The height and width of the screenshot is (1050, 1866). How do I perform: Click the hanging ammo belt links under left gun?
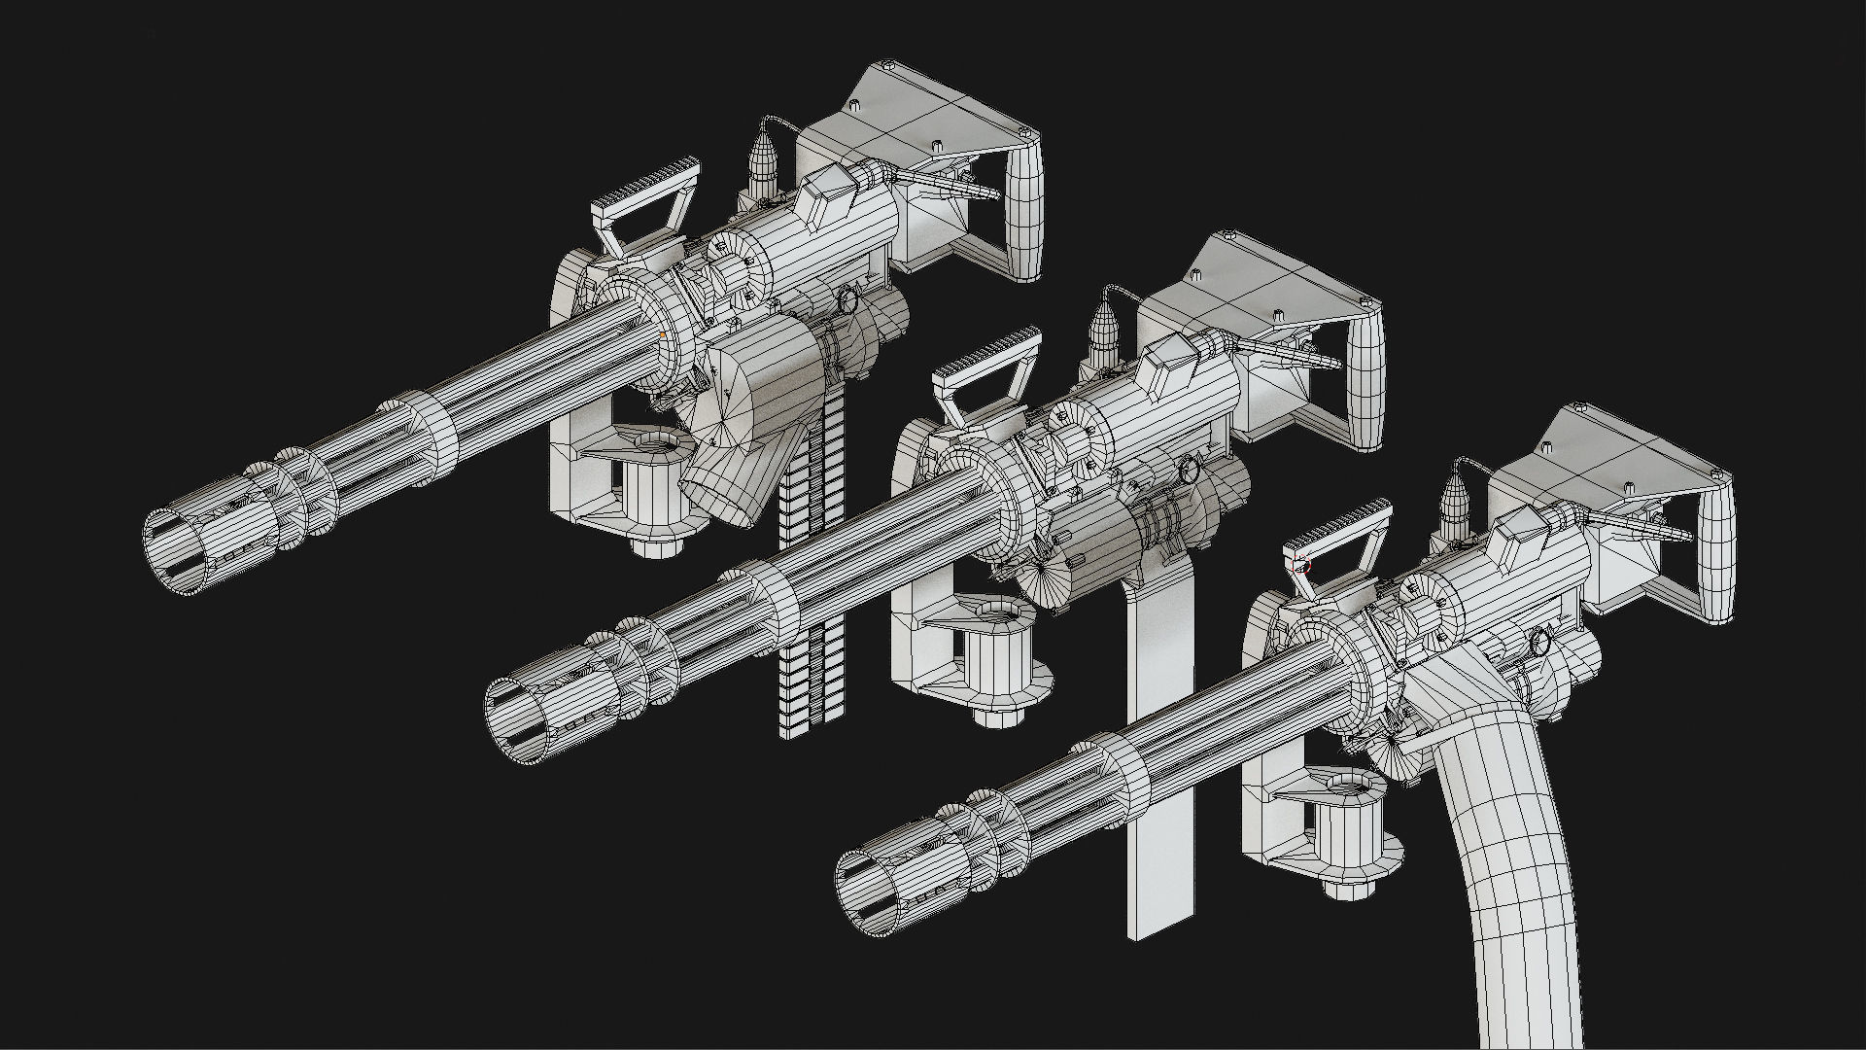[x=812, y=622]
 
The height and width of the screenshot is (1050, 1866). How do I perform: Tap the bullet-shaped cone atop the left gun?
[x=764, y=160]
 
